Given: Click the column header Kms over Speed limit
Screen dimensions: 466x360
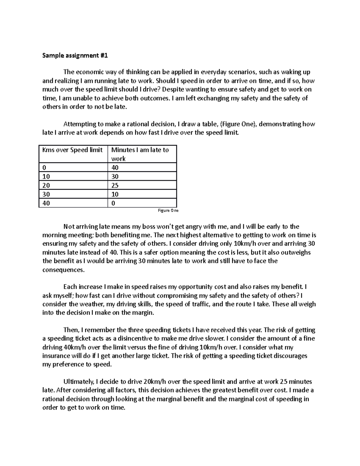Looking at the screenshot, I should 72,150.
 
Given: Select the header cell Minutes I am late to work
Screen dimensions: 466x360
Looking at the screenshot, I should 140,154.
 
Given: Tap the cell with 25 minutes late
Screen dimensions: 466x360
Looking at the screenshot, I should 115,185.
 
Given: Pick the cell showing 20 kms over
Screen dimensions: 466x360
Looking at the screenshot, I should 46,185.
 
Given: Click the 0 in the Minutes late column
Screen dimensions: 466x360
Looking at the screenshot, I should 113,203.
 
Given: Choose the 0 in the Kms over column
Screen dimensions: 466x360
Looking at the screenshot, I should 44,167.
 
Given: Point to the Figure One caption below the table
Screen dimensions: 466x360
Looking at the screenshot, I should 168,211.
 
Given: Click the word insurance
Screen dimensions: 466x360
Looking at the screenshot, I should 55,356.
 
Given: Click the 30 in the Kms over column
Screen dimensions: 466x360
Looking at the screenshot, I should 46,194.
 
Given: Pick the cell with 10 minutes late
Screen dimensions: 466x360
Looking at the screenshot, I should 115,194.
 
